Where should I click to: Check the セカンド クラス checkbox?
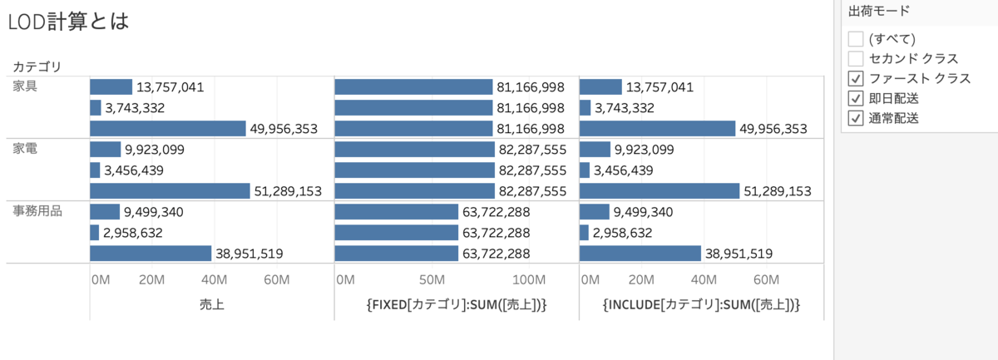coord(856,58)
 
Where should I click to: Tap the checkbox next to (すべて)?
coord(856,38)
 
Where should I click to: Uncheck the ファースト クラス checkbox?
coord(856,78)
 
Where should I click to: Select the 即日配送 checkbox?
coord(856,98)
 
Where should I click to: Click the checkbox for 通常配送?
coord(856,118)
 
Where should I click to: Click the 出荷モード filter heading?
coord(878,12)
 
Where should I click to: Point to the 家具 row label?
coord(25,86)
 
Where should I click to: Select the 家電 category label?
coord(25,149)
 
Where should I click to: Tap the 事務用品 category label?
coord(37,211)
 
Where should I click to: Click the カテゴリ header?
coord(37,66)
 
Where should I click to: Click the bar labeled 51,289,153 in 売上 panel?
coord(170,190)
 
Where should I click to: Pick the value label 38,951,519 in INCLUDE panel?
coord(739,254)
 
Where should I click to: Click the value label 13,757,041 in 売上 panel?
coord(170,86)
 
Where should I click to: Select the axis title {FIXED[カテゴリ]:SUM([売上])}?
coord(457,305)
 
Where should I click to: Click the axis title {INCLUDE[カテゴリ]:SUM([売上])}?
coord(701,305)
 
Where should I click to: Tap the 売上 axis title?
coord(212,305)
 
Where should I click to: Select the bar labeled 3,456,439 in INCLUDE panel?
coord(585,170)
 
